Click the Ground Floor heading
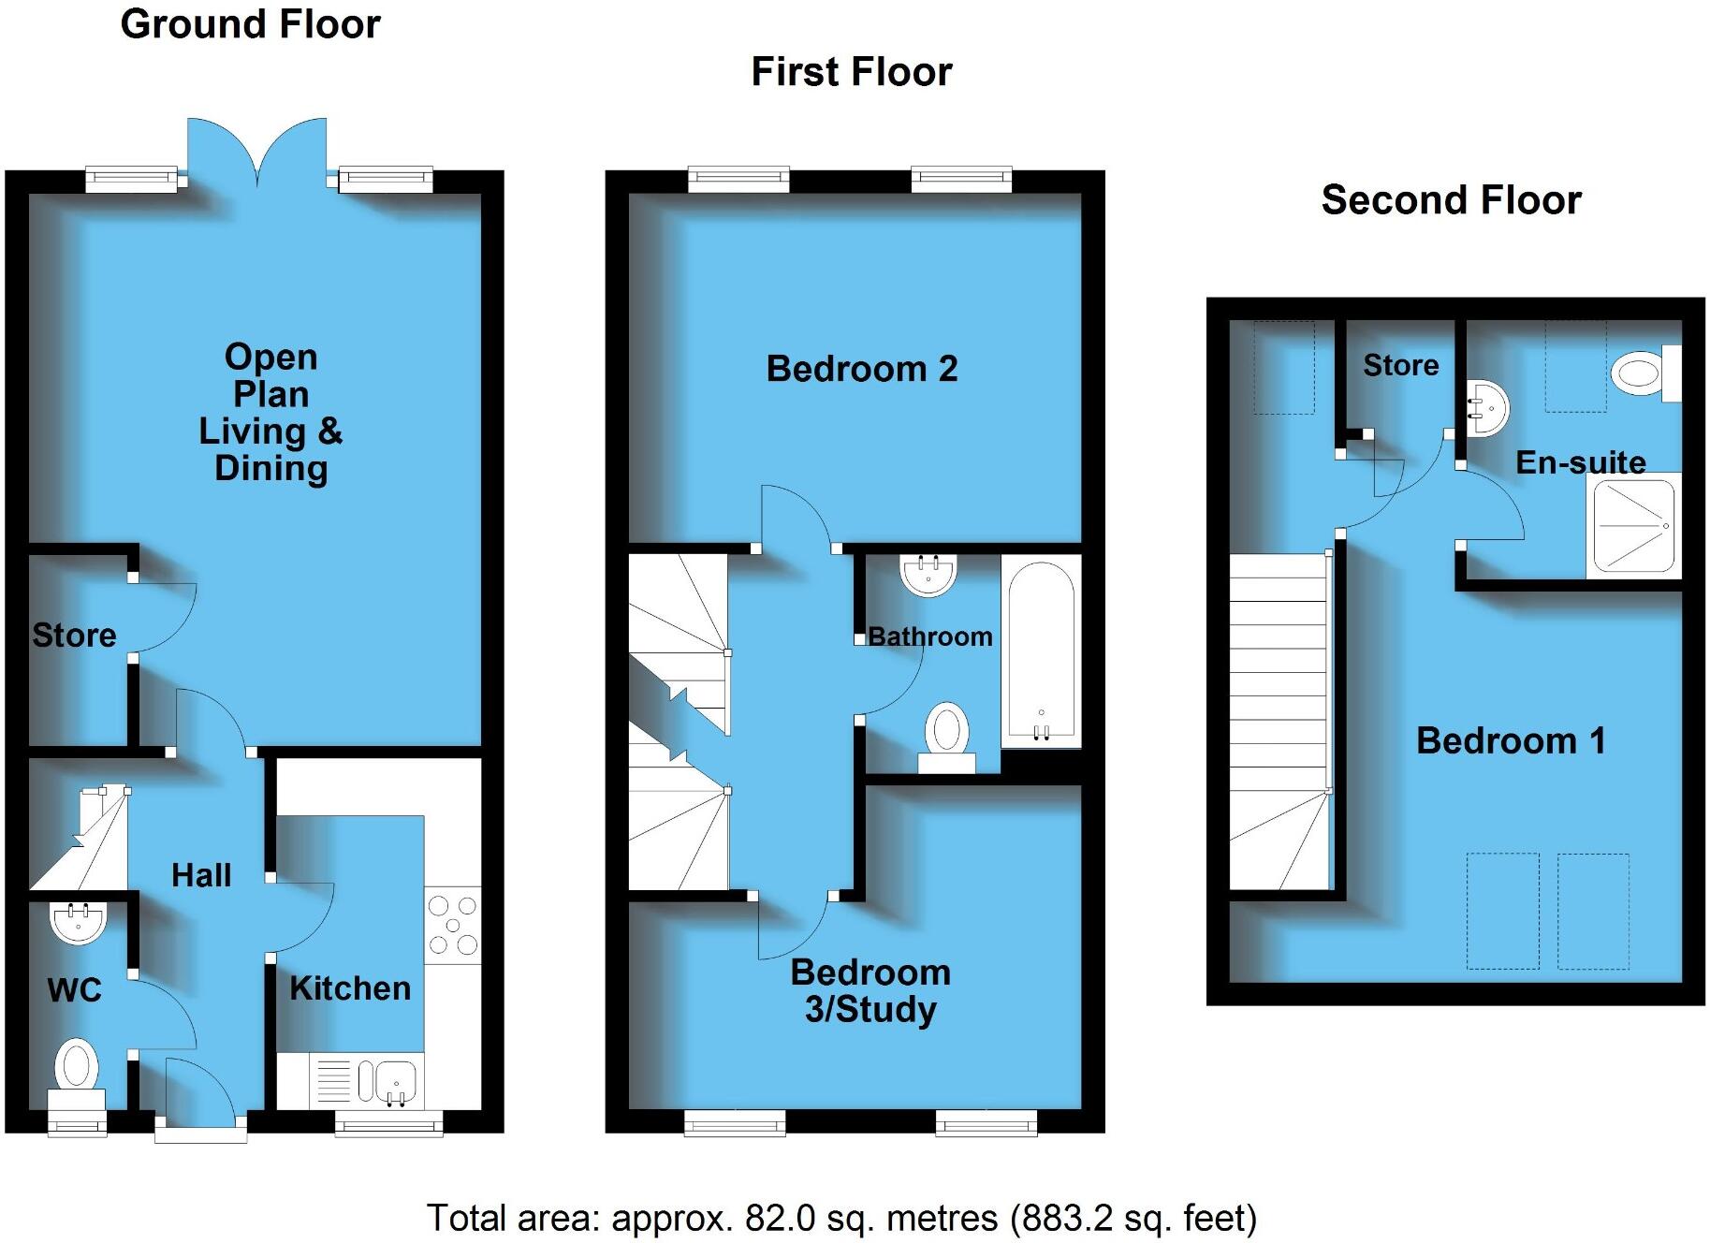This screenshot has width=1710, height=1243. click(x=250, y=24)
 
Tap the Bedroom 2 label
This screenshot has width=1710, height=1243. click(x=861, y=369)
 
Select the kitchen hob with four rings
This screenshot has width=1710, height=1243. click(x=453, y=925)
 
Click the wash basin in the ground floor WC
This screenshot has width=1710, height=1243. click(x=77, y=921)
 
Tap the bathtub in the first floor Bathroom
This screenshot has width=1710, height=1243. click(x=1041, y=650)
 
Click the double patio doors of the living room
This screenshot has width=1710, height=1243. click(x=257, y=150)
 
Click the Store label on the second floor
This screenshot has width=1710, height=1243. click(x=1400, y=365)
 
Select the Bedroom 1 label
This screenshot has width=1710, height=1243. click(x=1511, y=740)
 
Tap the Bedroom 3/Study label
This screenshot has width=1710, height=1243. click(x=870, y=991)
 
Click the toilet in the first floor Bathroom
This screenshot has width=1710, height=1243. click(x=946, y=736)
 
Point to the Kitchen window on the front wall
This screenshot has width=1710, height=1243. click(x=388, y=1124)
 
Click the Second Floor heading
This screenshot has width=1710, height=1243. click(x=1451, y=200)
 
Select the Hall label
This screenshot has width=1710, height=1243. click(x=201, y=875)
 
